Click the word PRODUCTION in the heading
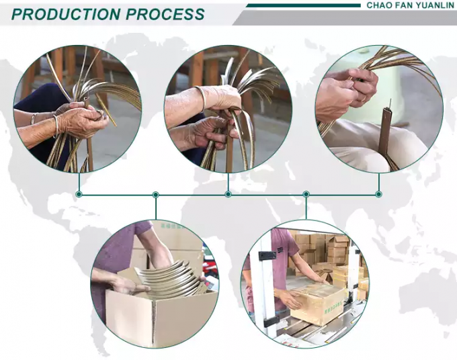66,14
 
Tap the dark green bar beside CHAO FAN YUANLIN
303,5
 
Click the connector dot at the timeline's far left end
79,194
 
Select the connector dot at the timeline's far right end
378,194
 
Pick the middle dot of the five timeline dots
229,194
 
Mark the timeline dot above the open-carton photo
156,194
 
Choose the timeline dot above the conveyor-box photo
306,194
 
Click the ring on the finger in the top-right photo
362,99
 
